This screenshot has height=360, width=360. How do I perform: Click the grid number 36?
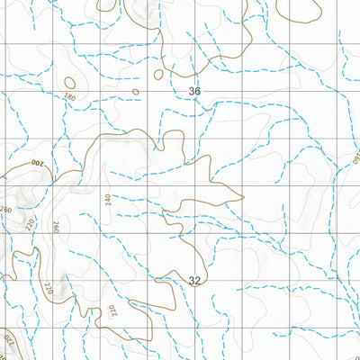(195, 92)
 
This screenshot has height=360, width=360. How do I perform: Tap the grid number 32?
(195, 281)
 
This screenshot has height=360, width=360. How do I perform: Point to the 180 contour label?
(70, 96)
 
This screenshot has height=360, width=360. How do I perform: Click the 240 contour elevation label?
(108, 200)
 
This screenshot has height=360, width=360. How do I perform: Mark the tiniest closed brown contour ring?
(136, 91)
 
